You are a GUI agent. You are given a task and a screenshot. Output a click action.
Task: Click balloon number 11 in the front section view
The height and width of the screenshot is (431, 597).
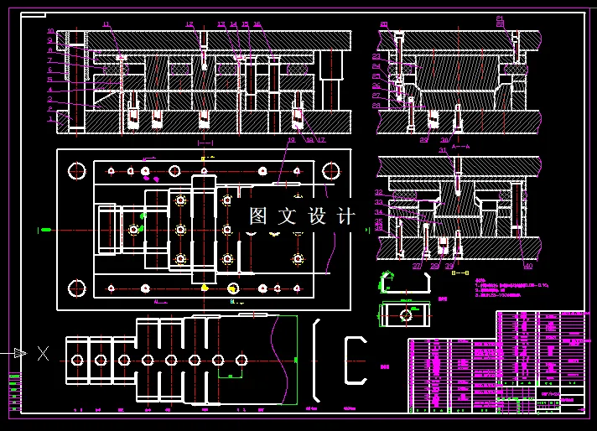tap(106, 24)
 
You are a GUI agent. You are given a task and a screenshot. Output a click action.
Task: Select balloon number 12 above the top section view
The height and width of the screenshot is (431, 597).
tap(189, 24)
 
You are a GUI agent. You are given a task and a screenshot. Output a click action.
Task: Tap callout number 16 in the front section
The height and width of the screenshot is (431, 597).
tap(257, 24)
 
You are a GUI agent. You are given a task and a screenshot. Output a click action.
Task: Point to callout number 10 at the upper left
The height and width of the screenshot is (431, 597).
tap(50, 32)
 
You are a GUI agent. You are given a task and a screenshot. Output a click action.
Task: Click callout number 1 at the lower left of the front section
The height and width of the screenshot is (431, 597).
tap(50, 119)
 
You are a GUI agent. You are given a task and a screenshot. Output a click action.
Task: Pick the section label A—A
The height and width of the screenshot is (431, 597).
tap(460, 145)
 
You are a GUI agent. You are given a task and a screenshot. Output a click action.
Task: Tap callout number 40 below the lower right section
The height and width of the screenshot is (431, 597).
tap(528, 266)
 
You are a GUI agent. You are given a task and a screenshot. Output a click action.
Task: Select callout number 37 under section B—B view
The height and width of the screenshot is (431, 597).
tap(417, 266)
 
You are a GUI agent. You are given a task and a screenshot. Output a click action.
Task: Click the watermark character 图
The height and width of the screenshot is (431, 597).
tap(258, 216)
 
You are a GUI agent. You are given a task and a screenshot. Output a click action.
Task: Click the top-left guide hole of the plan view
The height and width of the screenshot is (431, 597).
tap(76, 171)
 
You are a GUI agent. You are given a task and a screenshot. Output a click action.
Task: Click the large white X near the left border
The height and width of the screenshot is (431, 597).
tap(43, 353)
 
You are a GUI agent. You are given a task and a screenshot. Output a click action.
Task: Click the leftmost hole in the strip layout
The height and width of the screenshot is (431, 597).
tap(77, 360)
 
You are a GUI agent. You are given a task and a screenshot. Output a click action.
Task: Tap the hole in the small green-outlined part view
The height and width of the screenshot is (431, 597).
tap(406, 314)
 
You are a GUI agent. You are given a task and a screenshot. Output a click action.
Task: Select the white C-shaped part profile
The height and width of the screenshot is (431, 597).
tap(356, 360)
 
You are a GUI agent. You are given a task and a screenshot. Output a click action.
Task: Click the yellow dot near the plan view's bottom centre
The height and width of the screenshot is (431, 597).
tap(205, 287)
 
